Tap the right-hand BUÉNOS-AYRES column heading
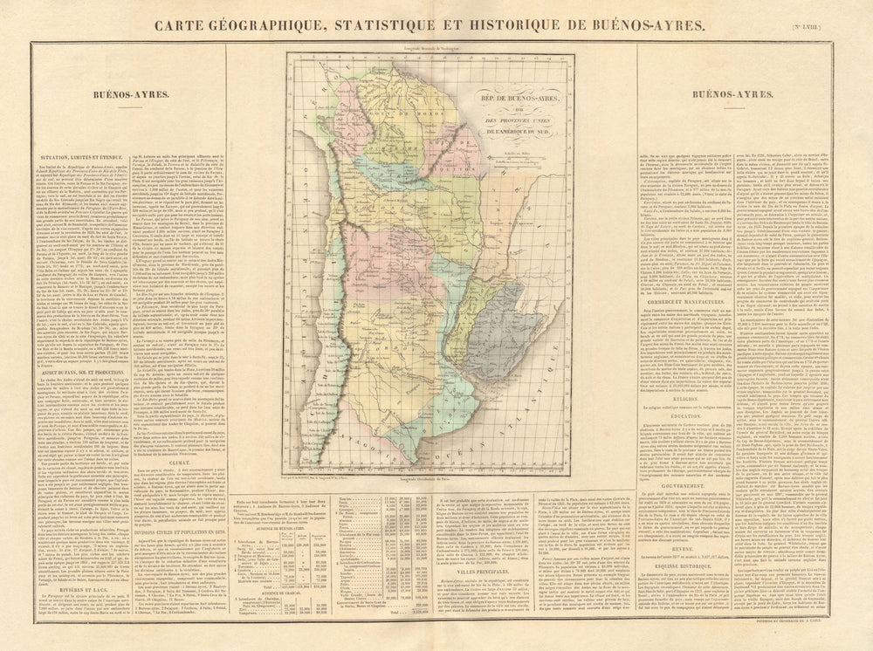[729, 94]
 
